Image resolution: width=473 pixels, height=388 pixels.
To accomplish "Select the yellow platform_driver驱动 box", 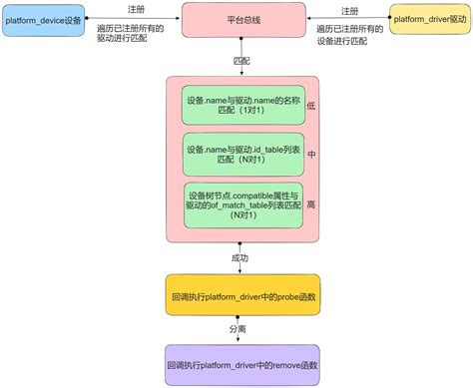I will (x=428, y=19).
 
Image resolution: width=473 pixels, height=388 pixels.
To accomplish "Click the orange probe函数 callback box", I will (x=242, y=296).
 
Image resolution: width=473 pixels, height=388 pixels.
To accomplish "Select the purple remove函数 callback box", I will (x=242, y=366).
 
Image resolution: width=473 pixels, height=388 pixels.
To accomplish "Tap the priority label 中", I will (x=310, y=155).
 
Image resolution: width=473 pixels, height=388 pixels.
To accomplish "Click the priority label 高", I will (x=310, y=203).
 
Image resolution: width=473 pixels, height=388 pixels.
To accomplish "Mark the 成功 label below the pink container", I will (x=240, y=257).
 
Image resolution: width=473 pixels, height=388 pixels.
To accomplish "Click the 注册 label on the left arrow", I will (x=122, y=9).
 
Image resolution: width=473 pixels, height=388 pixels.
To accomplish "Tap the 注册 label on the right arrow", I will (x=349, y=9).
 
